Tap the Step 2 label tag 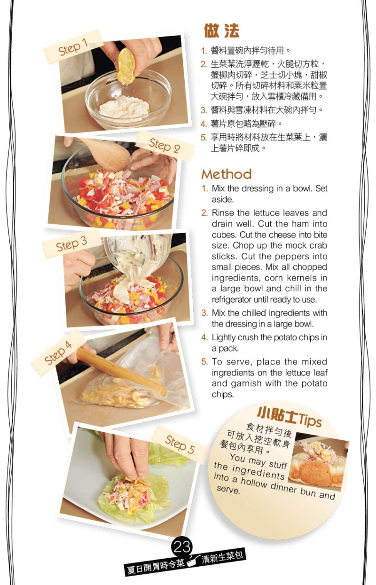click(164, 145)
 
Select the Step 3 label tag click(71, 245)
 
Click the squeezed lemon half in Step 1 click(126, 65)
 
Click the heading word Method click(227, 174)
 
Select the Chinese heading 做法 click(221, 31)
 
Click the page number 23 click(182, 546)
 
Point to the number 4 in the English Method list click(204, 337)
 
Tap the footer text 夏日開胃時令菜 click(156, 565)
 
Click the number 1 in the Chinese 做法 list click(204, 51)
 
